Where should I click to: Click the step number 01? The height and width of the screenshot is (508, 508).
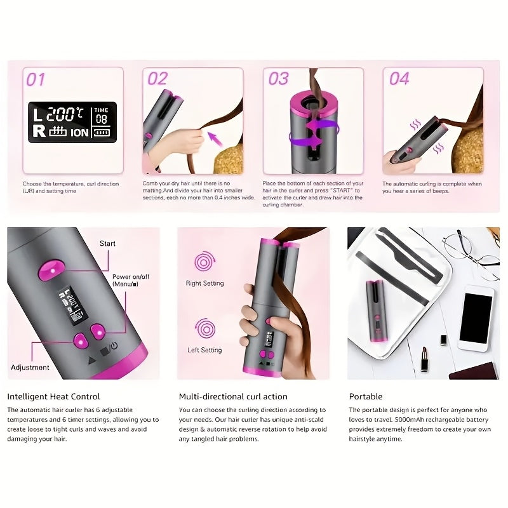[36, 79]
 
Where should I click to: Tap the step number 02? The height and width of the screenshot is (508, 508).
[157, 79]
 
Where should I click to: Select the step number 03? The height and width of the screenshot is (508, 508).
[279, 79]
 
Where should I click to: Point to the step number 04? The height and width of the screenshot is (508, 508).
[399, 79]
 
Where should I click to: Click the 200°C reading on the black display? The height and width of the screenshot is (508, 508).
[65, 114]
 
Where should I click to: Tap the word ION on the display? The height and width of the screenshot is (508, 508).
[79, 132]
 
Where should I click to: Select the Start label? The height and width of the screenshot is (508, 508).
[108, 243]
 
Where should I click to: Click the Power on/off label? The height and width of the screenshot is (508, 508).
[130, 281]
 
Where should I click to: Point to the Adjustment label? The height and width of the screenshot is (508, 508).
[30, 367]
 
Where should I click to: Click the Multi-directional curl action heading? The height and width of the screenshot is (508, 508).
[233, 396]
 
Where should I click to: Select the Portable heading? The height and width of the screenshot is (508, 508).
[366, 396]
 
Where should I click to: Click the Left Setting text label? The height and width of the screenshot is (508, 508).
[204, 350]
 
